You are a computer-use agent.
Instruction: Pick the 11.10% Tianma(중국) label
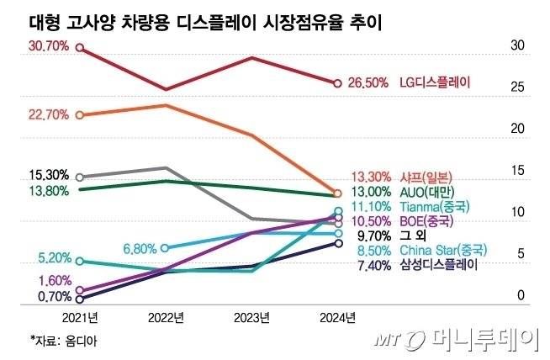coord(408,206)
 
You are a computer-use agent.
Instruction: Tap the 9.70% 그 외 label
coord(383,236)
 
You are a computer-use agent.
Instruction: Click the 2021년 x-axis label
coord(80,317)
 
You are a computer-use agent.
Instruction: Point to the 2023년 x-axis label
coord(251,317)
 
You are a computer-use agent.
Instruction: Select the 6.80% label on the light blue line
coord(140,249)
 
